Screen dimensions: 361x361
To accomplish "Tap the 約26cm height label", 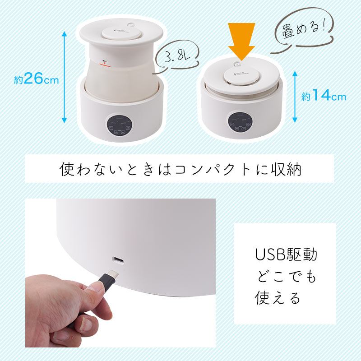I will (x=37, y=79).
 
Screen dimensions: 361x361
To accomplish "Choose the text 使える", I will (x=278, y=298).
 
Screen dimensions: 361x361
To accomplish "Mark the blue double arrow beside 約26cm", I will (x=65, y=77).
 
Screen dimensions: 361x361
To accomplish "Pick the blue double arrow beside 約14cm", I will (x=295, y=96).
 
